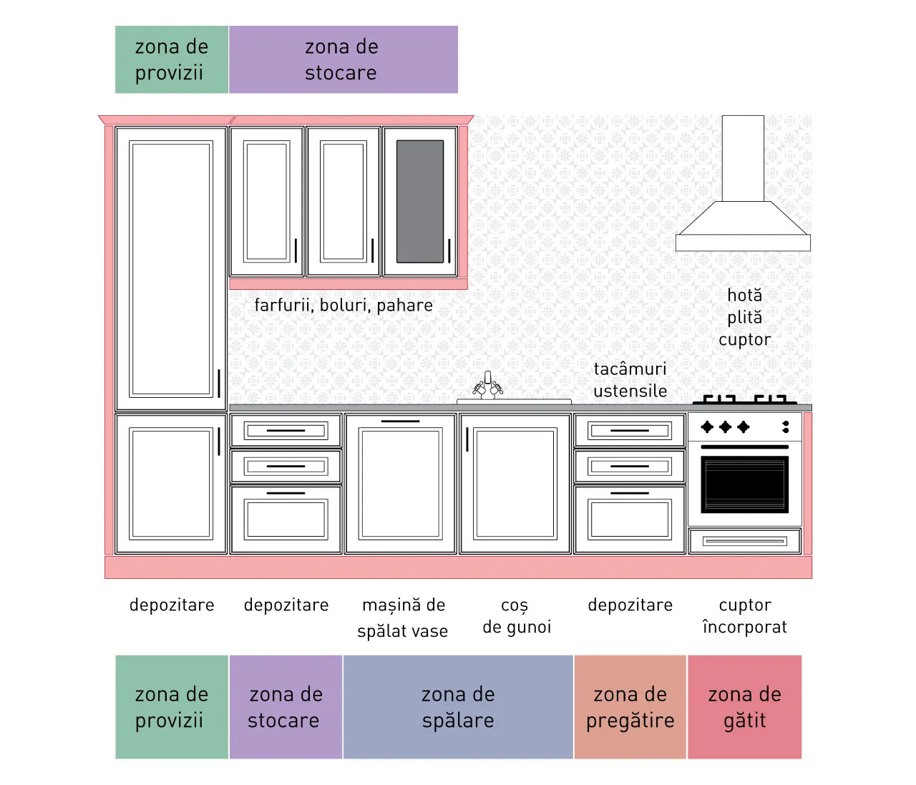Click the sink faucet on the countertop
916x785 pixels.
(x=487, y=385)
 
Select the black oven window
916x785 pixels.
(x=744, y=484)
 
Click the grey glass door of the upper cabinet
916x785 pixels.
(x=419, y=202)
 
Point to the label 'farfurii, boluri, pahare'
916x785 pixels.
(x=343, y=306)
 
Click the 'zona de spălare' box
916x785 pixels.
(x=458, y=707)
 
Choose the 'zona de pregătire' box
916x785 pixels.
(x=630, y=707)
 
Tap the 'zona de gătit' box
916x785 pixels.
(x=744, y=707)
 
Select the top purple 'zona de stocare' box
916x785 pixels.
(x=343, y=59)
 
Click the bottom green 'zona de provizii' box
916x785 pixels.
(x=172, y=707)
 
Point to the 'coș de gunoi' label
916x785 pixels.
(x=516, y=616)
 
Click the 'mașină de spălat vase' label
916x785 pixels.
(x=403, y=618)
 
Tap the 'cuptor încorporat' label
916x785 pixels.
(x=745, y=616)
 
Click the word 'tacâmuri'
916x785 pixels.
(x=630, y=369)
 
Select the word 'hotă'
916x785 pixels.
(x=745, y=296)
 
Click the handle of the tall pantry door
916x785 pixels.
(x=218, y=384)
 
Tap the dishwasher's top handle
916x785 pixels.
(x=400, y=421)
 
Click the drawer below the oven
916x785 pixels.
(x=745, y=541)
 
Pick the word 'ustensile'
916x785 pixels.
(x=630, y=391)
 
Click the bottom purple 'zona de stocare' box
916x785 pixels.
(x=286, y=707)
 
